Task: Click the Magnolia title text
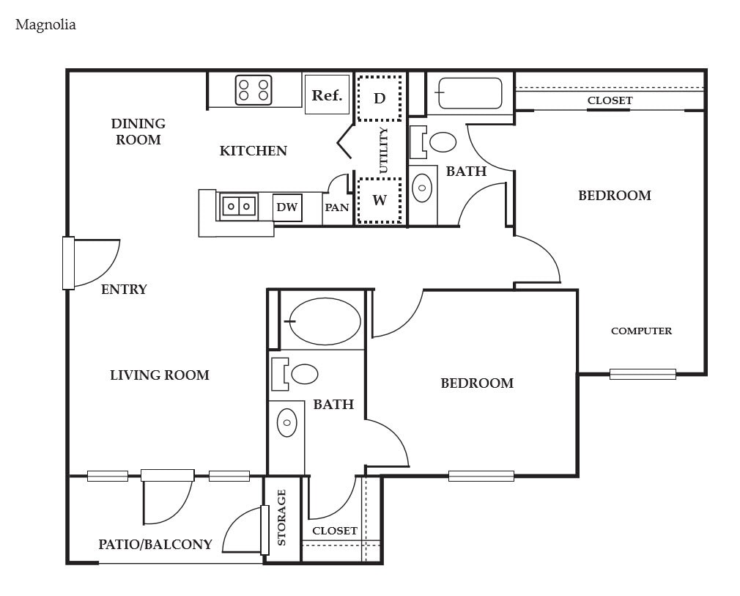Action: [x=45, y=24]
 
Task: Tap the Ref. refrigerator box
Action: [x=327, y=95]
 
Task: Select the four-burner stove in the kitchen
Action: [x=254, y=89]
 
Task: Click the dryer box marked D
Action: [x=380, y=98]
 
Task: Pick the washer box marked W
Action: [x=380, y=200]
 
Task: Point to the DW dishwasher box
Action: [x=287, y=207]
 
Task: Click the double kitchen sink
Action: [x=239, y=207]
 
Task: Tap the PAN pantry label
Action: [x=337, y=207]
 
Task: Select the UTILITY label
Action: [x=382, y=150]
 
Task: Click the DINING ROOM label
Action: [x=138, y=131]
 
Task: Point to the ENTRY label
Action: [x=124, y=289]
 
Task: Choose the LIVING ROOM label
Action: [x=160, y=375]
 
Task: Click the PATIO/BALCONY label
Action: [x=155, y=544]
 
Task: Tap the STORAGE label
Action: [x=282, y=518]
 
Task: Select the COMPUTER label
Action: [x=641, y=331]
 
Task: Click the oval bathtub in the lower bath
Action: [x=325, y=321]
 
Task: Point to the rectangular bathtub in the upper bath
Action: [x=470, y=93]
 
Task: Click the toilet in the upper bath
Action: [x=433, y=141]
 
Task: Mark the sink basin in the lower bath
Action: [x=287, y=423]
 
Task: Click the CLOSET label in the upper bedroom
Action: [x=610, y=100]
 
